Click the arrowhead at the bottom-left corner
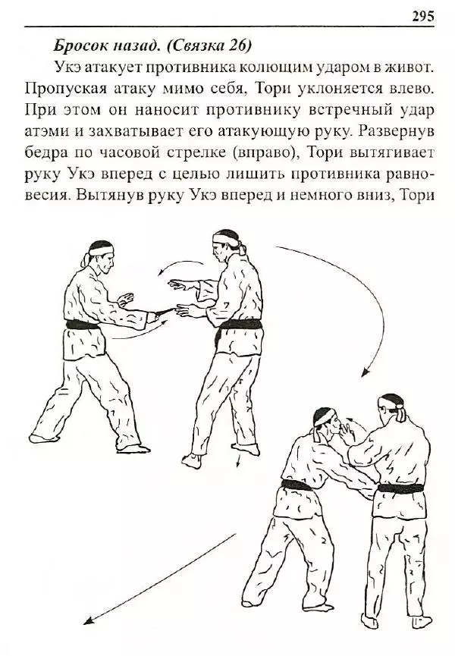(x=87, y=621)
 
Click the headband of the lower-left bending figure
(x=326, y=415)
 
